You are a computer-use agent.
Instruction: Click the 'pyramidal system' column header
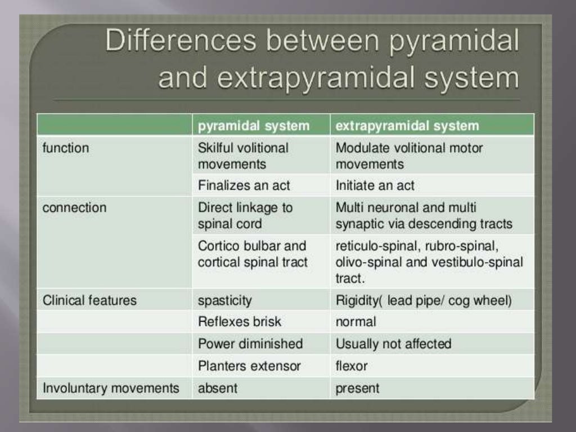(254, 125)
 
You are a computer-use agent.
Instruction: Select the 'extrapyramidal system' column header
(407, 125)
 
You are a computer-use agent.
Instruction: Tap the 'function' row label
(66, 148)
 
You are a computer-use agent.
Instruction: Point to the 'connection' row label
(74, 208)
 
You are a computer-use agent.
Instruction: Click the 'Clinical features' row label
(89, 300)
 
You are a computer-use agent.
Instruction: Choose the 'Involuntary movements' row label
(111, 388)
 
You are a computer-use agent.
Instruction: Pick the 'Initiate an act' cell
(375, 185)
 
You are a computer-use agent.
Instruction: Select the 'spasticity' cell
(224, 300)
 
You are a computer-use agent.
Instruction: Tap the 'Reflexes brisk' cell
(239, 322)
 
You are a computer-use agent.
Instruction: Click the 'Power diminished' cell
(250, 344)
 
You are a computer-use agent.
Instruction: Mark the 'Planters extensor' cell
(249, 366)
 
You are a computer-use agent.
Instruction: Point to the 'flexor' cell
(352, 366)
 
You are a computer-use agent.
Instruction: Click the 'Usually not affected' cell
(393, 344)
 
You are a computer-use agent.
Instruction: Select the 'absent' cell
(218, 388)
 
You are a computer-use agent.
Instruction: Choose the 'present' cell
(357, 388)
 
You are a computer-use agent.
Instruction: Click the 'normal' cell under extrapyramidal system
(355, 322)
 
